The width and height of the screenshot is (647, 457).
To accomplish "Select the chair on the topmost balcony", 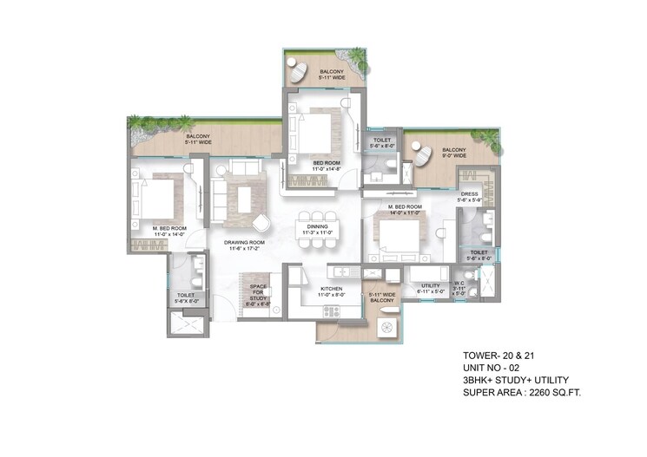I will coord(298,72).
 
